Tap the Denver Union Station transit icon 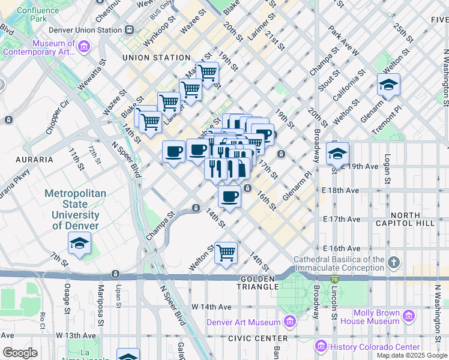[129, 29]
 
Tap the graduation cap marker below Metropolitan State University [79, 244]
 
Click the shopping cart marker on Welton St [226, 252]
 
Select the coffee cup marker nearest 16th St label [229, 196]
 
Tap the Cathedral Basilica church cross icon [393, 263]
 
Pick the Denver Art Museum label [243, 322]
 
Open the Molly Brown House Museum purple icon [409, 316]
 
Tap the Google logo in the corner [20, 353]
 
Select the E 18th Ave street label [340, 190]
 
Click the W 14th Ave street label [211, 307]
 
